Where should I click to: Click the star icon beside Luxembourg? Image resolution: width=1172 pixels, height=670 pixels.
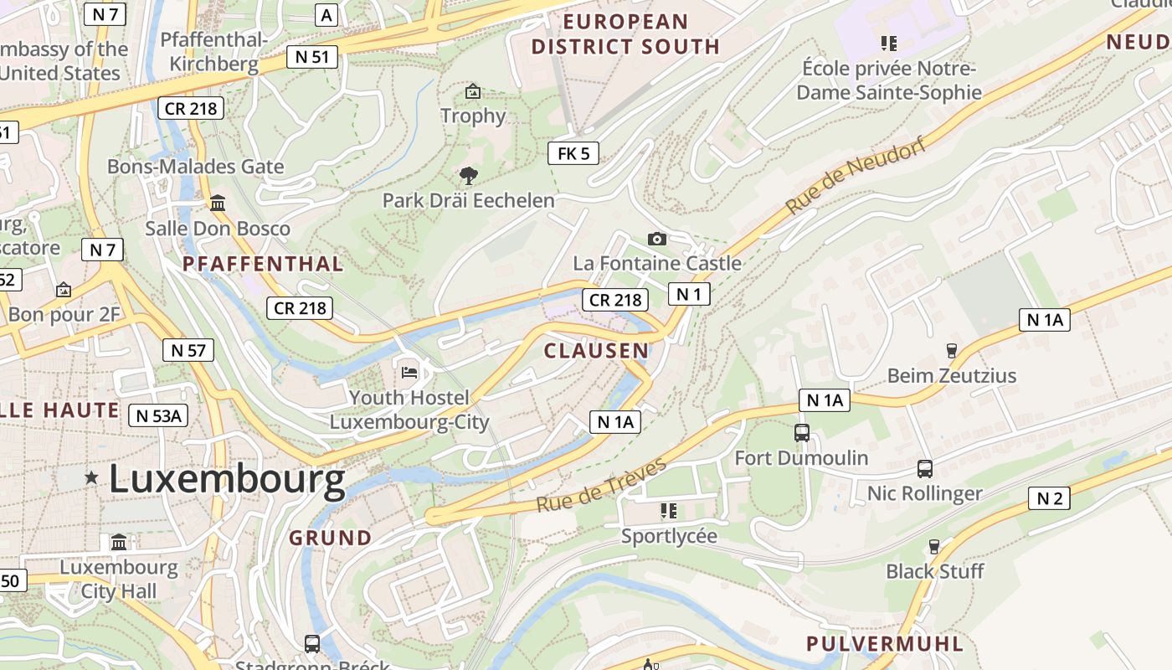click(x=91, y=478)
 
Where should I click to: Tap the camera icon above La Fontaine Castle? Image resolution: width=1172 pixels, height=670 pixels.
click(x=657, y=240)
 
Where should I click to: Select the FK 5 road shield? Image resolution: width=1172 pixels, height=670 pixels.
click(x=573, y=153)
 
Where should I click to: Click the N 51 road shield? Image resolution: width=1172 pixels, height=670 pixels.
click(x=313, y=57)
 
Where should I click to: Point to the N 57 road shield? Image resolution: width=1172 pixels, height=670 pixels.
click(x=188, y=350)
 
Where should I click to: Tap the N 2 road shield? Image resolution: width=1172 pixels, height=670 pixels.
click(x=1049, y=499)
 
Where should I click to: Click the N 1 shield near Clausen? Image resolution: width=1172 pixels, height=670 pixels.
click(x=689, y=294)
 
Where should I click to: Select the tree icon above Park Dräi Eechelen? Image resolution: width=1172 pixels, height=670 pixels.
click(x=469, y=176)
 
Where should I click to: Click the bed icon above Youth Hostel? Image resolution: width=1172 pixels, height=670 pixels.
click(x=409, y=372)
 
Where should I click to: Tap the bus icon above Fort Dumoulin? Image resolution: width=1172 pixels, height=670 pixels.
click(x=802, y=433)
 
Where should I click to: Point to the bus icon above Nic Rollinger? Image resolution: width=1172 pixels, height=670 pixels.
click(x=925, y=469)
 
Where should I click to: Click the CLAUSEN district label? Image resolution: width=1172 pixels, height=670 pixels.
click(x=596, y=350)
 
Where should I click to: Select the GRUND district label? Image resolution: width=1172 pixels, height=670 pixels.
click(x=331, y=538)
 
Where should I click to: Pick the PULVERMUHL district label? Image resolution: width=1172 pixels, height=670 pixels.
click(x=885, y=644)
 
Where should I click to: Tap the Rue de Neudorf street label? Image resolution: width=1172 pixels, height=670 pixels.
click(x=856, y=177)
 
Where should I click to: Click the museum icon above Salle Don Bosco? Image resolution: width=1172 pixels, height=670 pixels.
click(x=218, y=204)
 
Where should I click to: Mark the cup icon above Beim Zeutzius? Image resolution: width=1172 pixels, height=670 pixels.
click(x=951, y=351)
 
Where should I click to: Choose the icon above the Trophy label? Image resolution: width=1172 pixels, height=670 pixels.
click(x=473, y=90)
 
